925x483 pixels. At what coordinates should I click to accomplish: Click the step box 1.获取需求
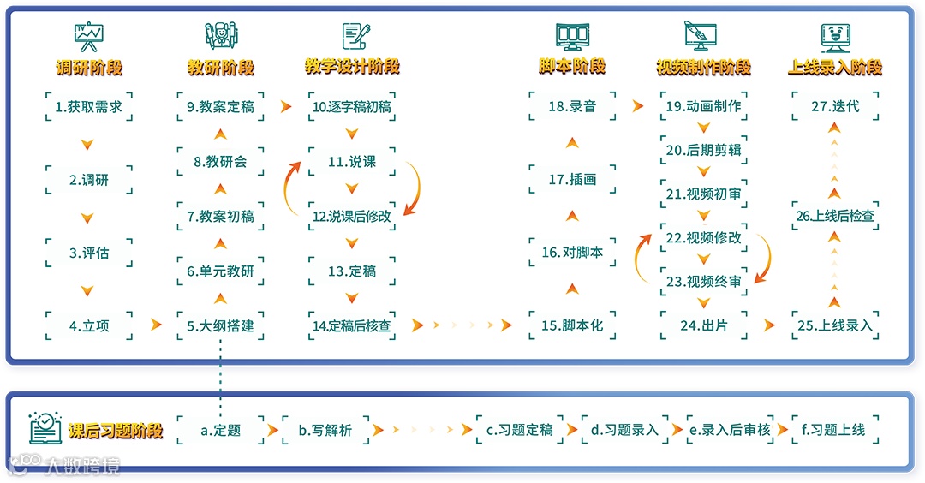pyautogui.click(x=88, y=107)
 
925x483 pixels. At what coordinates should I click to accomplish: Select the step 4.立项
pyautogui.click(x=88, y=325)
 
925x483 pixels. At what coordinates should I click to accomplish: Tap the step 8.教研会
pyautogui.click(x=220, y=162)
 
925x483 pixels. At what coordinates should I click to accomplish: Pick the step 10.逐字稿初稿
pyautogui.click(x=352, y=107)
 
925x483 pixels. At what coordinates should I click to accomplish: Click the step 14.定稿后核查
pyautogui.click(x=352, y=325)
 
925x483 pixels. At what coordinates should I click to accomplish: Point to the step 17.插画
pyautogui.click(x=572, y=180)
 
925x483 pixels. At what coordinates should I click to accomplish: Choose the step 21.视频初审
pyautogui.click(x=704, y=194)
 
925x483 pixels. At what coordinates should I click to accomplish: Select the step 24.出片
pyautogui.click(x=704, y=325)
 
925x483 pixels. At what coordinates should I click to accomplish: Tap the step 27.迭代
pyautogui.click(x=835, y=107)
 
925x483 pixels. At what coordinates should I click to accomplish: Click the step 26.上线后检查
pyautogui.click(x=835, y=216)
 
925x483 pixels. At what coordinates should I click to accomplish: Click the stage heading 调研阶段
pyautogui.click(x=88, y=67)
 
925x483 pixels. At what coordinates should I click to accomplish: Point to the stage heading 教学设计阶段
pyautogui.click(x=352, y=66)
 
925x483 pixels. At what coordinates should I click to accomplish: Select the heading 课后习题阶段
pyautogui.click(x=116, y=430)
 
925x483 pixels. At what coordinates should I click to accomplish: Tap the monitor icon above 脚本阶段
pyautogui.click(x=572, y=36)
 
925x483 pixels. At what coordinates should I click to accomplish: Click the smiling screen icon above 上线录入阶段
pyautogui.click(x=835, y=36)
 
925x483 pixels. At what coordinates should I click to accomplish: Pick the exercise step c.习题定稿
pyautogui.click(x=520, y=430)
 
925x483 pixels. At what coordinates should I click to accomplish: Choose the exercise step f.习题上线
pyautogui.click(x=835, y=430)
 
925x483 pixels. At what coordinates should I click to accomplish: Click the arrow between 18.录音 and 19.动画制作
pyautogui.click(x=637, y=107)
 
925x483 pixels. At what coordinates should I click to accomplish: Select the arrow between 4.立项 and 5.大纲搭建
pyautogui.click(x=156, y=325)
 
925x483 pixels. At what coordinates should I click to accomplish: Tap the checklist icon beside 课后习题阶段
pyautogui.click(x=45, y=428)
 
